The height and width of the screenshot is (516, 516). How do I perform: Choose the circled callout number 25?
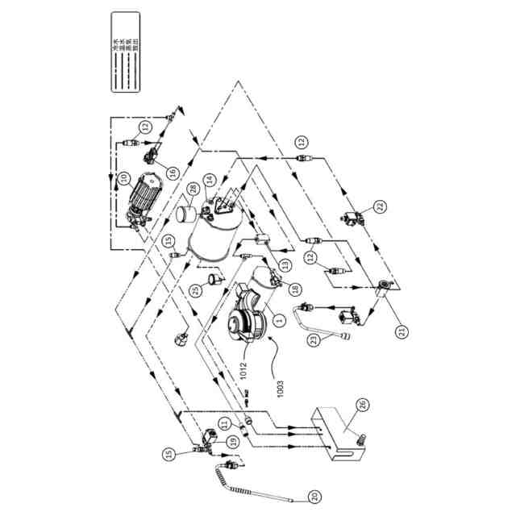coord(194,290)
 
